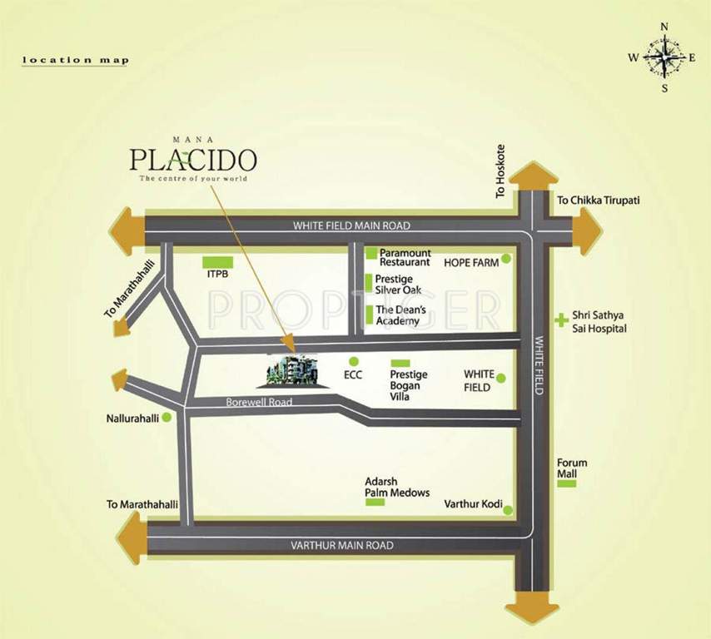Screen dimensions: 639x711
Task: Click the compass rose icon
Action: [664, 57]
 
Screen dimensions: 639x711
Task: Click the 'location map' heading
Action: [75, 60]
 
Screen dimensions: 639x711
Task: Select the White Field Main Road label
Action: [351, 225]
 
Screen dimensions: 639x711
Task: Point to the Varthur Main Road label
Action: [341, 545]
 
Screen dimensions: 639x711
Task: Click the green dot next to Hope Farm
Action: [506, 260]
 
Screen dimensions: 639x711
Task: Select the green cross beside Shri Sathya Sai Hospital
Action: [561, 317]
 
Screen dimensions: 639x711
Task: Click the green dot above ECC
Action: [354, 361]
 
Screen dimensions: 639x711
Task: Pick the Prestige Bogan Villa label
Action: [406, 385]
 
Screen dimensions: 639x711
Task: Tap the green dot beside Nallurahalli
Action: [167, 417]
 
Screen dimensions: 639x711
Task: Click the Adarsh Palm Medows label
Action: [397, 487]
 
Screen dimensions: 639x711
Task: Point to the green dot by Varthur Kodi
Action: [507, 509]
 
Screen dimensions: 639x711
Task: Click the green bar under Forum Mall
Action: [568, 483]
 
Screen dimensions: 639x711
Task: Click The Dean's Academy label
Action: [397, 315]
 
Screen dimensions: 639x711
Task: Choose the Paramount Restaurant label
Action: [404, 256]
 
